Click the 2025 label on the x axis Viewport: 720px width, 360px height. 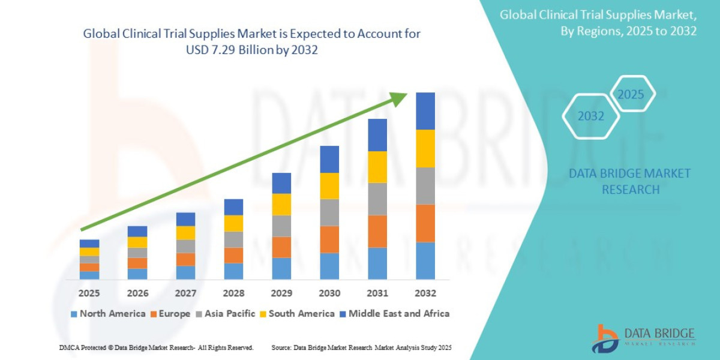click(89, 293)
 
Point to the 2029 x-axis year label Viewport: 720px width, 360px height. click(281, 293)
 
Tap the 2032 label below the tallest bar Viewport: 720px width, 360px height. click(425, 293)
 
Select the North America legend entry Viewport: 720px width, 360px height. click(108, 314)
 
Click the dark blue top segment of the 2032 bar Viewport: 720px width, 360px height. click(425, 111)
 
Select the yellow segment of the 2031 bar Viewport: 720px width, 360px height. click(377, 167)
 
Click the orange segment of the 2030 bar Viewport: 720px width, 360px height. click(329, 239)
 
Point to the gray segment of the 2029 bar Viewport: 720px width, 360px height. click(281, 226)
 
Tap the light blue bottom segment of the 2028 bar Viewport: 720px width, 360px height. click(233, 271)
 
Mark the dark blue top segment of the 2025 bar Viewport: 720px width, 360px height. click(89, 244)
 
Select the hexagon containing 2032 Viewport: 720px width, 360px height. click(590, 116)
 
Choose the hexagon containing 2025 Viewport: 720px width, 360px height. click(631, 94)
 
